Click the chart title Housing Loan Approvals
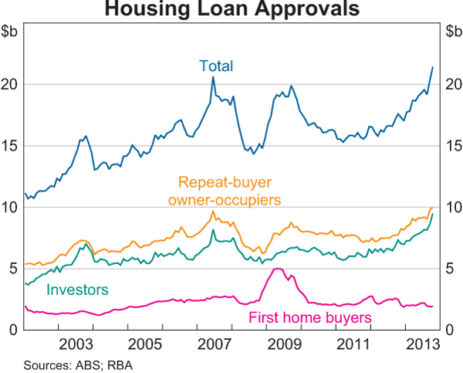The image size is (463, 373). point(231,10)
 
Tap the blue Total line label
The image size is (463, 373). point(216,66)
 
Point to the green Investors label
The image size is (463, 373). point(77,290)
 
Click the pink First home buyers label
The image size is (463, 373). point(310,317)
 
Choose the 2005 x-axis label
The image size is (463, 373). point(144,343)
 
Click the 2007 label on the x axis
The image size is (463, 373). point(212,343)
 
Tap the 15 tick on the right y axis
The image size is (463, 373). point(453,146)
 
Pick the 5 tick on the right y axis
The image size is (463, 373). point(450,269)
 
